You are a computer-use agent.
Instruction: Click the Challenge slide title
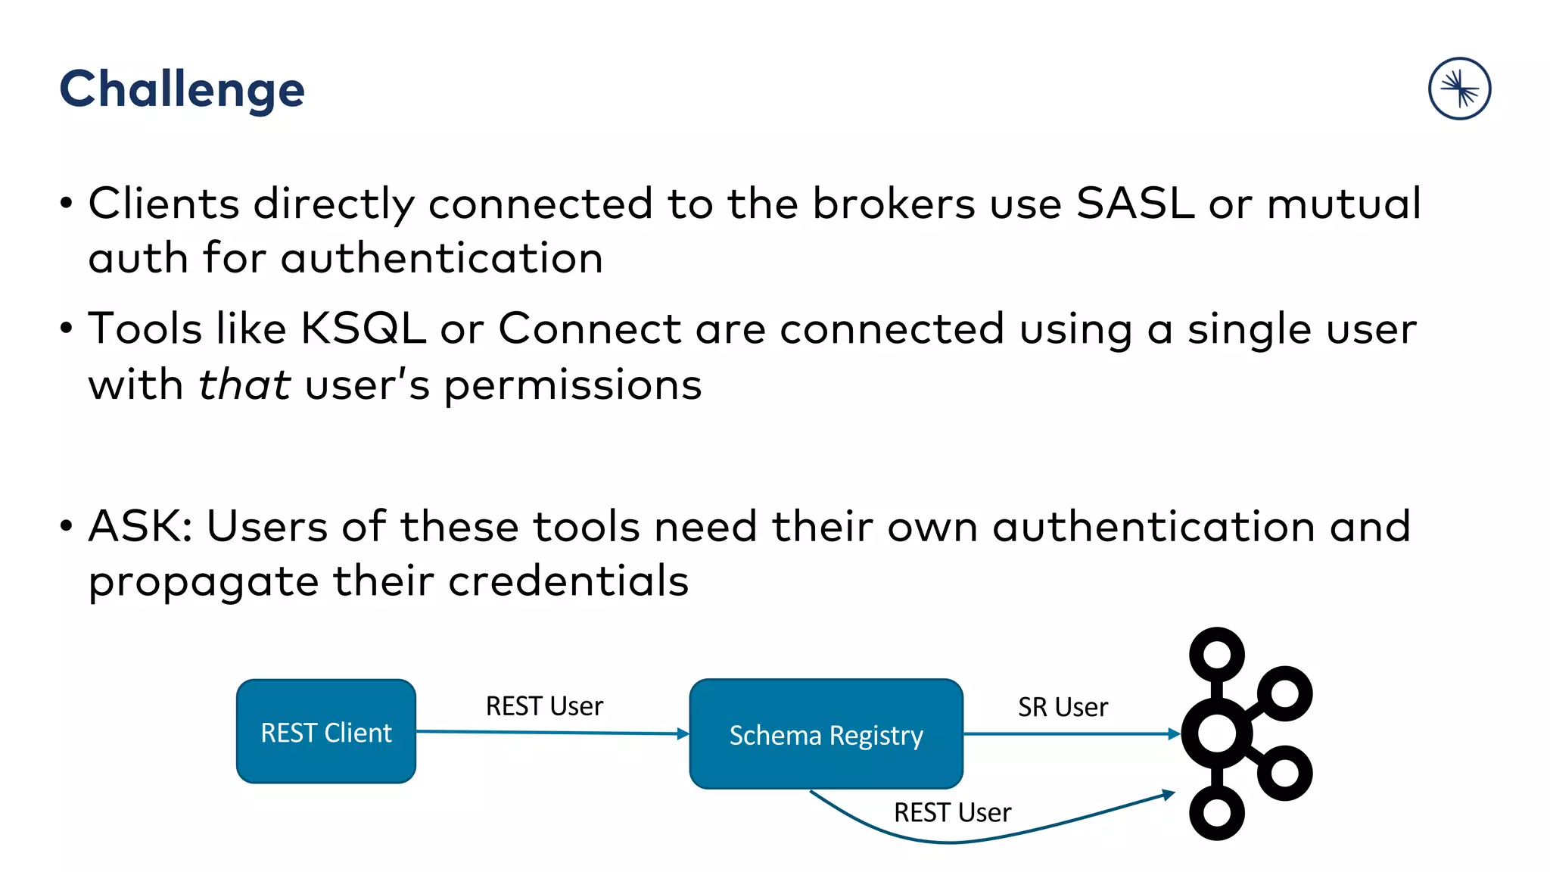tap(182, 89)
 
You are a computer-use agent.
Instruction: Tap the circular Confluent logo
tap(1459, 89)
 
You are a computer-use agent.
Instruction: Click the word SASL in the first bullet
tap(1134, 204)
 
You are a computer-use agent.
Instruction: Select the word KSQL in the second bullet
tap(363, 329)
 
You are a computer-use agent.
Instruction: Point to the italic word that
tap(244, 385)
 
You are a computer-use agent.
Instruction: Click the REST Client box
tap(326, 732)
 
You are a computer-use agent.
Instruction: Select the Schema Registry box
tap(826, 734)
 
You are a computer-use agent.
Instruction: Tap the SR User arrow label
tap(1063, 707)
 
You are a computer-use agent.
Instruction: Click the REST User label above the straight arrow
tap(544, 706)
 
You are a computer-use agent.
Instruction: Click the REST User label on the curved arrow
tap(952, 813)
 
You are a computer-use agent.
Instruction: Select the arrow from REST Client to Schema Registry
tap(552, 733)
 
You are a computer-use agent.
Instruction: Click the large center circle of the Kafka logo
tap(1216, 733)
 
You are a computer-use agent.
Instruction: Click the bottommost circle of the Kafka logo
tap(1216, 813)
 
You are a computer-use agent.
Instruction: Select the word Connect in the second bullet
tap(590, 329)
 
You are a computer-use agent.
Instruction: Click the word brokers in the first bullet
tap(894, 204)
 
